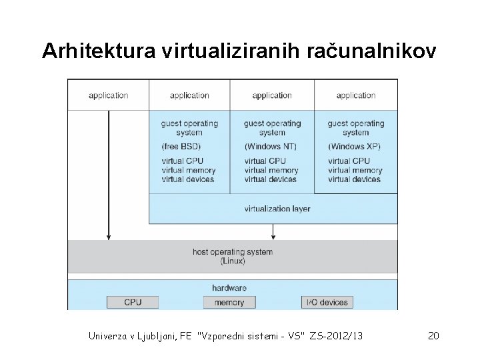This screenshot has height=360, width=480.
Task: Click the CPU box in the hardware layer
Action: click(133, 302)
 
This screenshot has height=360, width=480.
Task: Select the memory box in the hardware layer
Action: click(229, 302)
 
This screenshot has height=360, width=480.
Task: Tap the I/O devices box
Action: click(327, 302)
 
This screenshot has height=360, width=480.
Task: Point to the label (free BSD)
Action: click(181, 146)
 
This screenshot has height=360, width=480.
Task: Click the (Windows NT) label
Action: click(271, 146)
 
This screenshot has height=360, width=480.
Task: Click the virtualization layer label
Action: click(277, 209)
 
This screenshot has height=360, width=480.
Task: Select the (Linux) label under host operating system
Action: click(233, 261)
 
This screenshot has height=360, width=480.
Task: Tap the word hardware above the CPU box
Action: click(229, 288)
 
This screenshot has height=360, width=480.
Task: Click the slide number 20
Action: click(433, 335)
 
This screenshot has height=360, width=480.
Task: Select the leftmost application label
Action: click(108, 95)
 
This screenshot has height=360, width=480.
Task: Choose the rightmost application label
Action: click(356, 95)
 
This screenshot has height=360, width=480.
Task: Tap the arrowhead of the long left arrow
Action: click(108, 236)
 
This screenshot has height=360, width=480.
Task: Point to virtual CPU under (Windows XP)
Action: click(349, 161)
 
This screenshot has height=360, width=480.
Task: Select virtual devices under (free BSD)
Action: click(188, 179)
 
